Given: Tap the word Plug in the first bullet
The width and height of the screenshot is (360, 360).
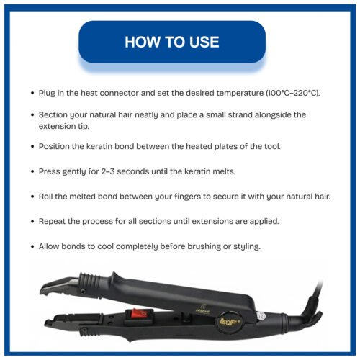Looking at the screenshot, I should pos(49,94).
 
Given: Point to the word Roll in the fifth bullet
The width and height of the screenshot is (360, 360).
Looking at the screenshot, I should pos(48,196).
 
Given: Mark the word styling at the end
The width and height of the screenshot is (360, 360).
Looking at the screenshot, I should pos(243,246).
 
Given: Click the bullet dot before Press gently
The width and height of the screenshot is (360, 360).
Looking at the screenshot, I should pos(32,172).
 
